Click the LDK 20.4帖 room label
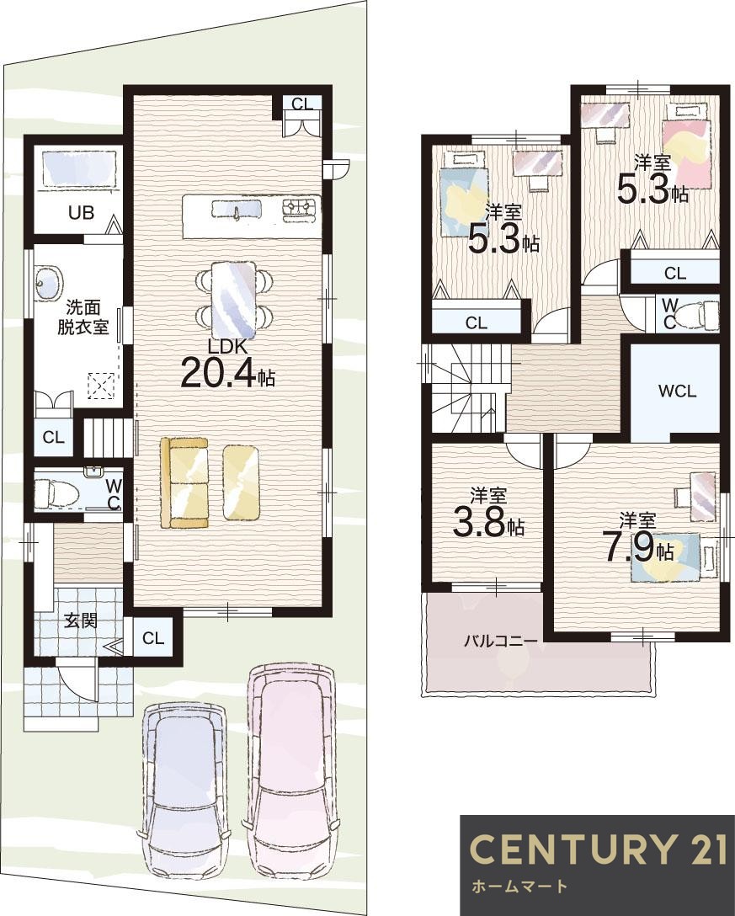click(228, 364)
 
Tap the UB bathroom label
click(81, 212)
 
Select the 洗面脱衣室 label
click(83, 316)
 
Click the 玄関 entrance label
click(80, 621)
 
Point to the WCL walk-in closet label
click(678, 391)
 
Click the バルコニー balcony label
click(501, 642)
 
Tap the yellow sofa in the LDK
click(184, 483)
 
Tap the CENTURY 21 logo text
click(598, 849)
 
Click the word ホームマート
click(519, 886)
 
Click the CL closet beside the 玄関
click(153, 638)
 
